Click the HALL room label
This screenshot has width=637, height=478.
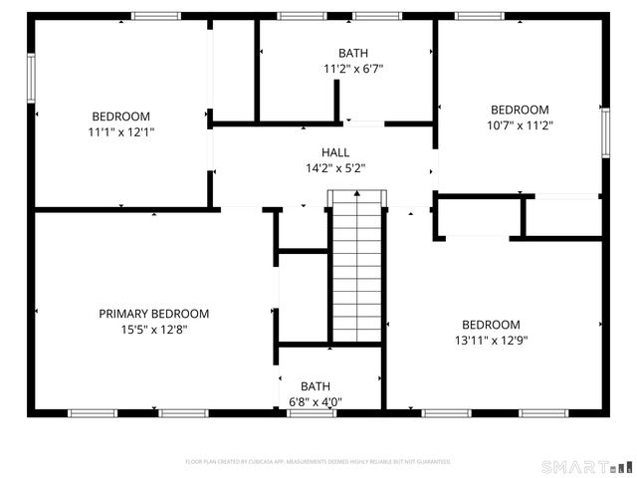click(334, 152)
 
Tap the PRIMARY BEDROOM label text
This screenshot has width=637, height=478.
click(153, 314)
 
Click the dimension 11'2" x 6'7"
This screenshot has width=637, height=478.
click(352, 70)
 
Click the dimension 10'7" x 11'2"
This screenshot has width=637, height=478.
click(519, 126)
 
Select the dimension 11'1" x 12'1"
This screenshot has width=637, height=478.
click(120, 131)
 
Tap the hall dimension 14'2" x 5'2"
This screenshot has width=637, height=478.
click(334, 168)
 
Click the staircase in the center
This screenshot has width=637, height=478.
click(355, 269)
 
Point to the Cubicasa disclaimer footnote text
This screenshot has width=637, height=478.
click(318, 462)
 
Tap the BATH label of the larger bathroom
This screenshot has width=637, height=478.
click(352, 54)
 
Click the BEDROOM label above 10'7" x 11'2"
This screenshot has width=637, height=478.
click(519, 110)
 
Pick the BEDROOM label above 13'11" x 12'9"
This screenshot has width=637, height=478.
click(491, 325)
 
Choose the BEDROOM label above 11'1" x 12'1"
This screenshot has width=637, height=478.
click(120, 116)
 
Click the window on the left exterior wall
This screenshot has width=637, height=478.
click(31, 71)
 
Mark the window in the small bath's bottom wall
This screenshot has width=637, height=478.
click(312, 412)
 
